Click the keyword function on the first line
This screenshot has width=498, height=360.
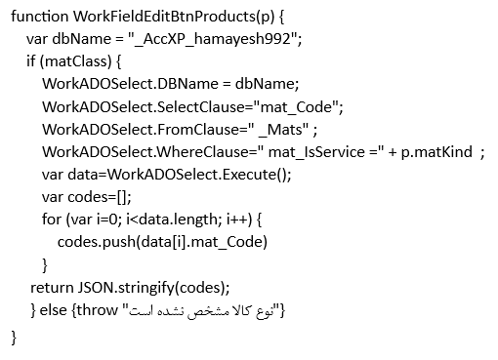click(x=39, y=17)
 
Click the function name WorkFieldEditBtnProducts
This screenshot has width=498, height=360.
click(x=164, y=17)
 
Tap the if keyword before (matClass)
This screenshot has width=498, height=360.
click(x=31, y=61)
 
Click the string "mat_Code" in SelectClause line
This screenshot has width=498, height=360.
click(x=297, y=106)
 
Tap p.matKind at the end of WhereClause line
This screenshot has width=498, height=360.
click(x=436, y=152)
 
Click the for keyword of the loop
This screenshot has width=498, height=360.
click(x=52, y=220)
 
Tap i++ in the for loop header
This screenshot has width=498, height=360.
click(x=237, y=220)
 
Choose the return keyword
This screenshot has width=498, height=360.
click(x=52, y=288)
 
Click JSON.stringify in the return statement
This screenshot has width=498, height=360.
click(x=126, y=288)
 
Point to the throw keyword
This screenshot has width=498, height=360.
click(x=98, y=310)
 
